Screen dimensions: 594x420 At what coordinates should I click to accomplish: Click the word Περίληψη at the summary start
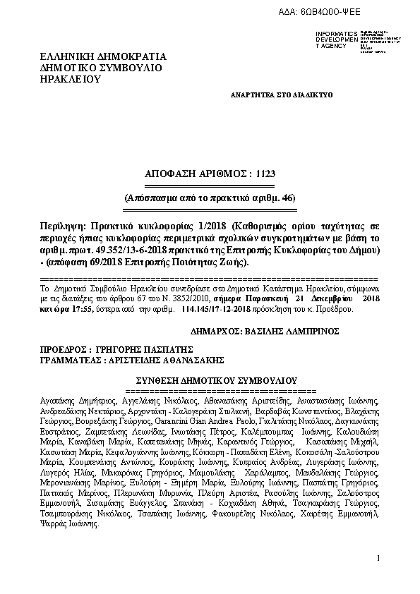coord(60,226)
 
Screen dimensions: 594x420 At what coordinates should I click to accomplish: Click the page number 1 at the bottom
coord(378,558)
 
